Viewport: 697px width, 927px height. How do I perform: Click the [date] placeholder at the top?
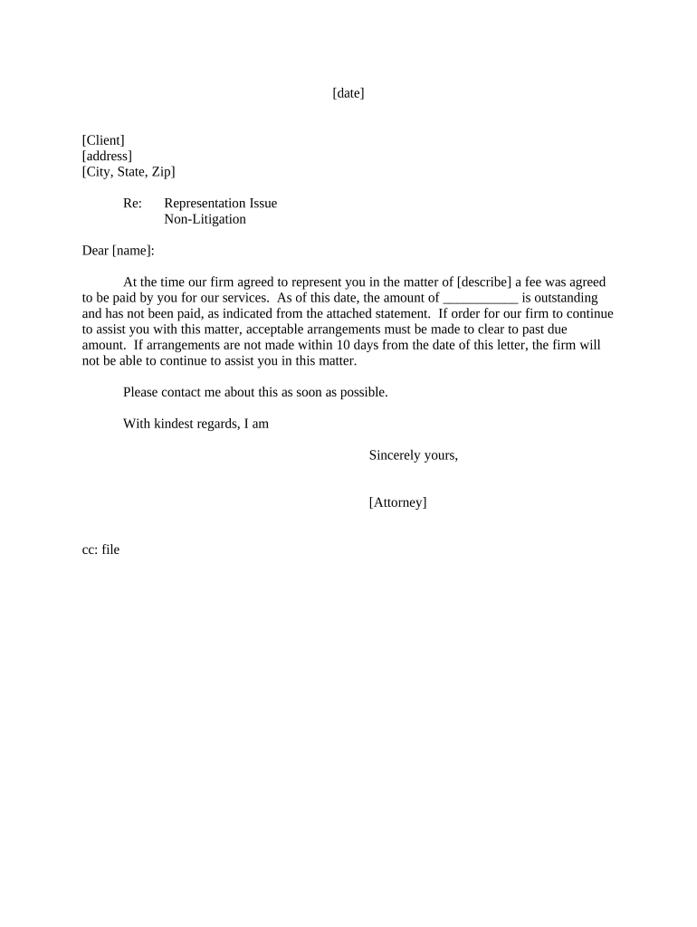[x=348, y=93]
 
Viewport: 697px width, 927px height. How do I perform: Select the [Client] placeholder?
[x=103, y=140]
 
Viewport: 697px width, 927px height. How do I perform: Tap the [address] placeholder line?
[x=107, y=156]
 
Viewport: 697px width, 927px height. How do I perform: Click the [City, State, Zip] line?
[x=129, y=172]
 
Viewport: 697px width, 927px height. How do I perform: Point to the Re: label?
[x=132, y=204]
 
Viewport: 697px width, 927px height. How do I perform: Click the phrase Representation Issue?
[x=220, y=204]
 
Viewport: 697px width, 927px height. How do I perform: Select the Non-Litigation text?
[x=205, y=219]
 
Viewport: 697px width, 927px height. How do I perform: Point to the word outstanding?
[x=559, y=298]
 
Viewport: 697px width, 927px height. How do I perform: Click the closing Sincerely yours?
[x=413, y=455]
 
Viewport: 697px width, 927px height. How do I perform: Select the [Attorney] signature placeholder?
[x=397, y=502]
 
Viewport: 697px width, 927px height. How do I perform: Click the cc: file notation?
[x=100, y=550]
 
